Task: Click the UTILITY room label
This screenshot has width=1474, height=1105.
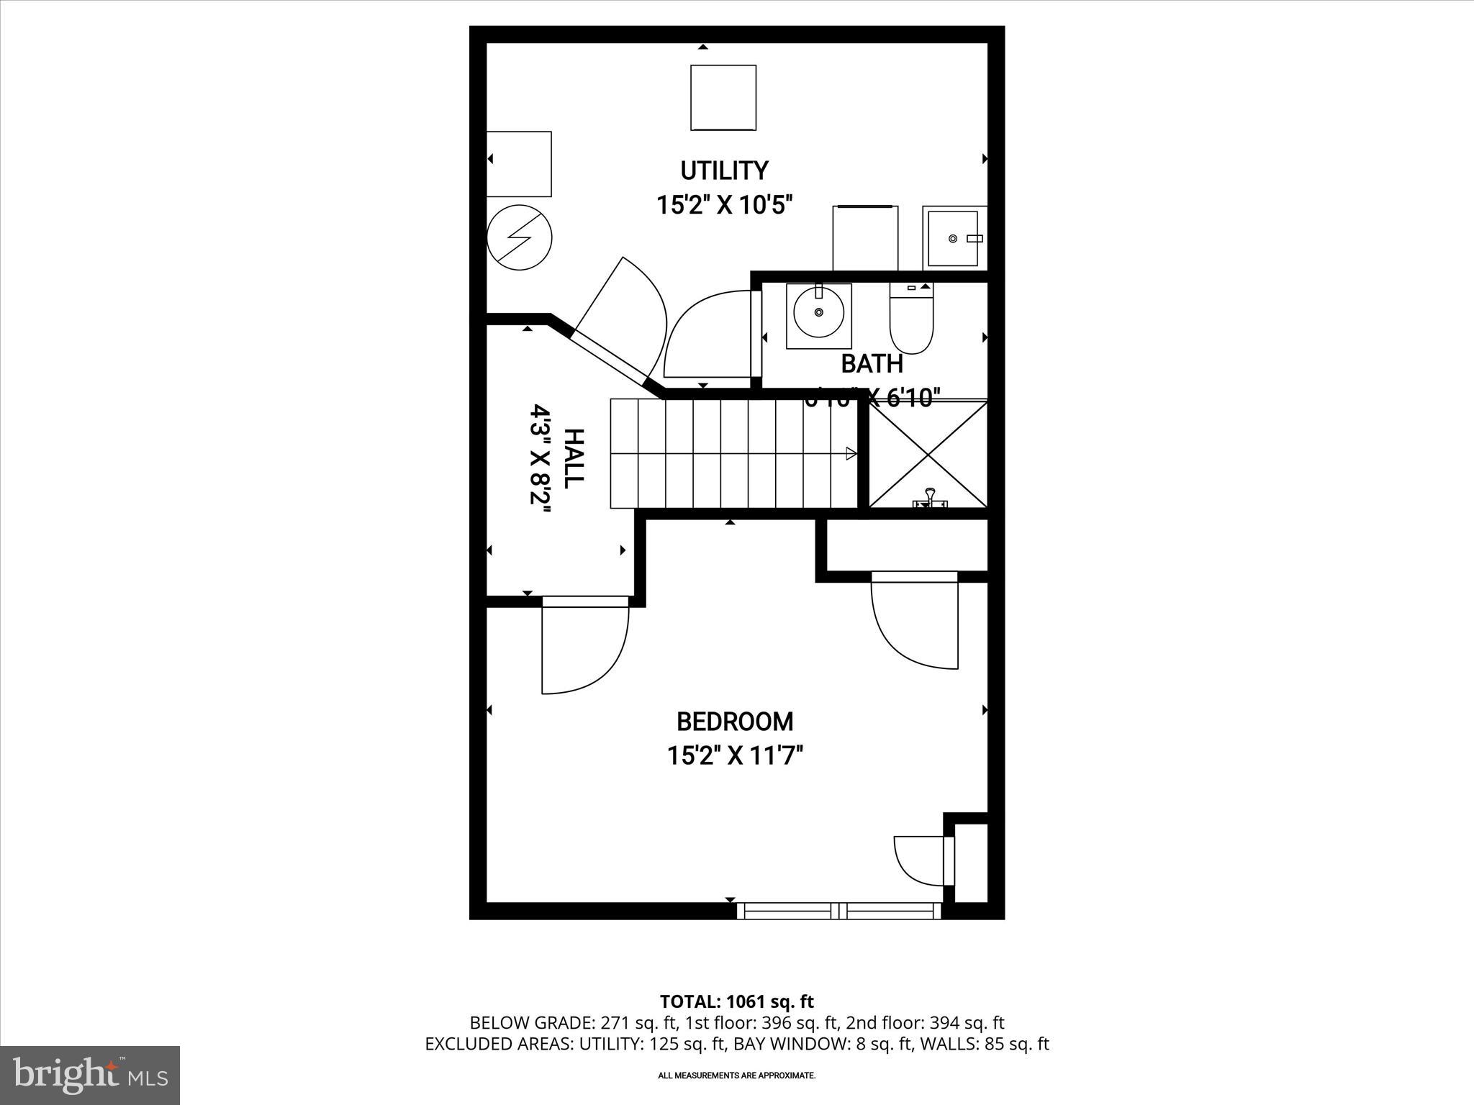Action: pos(724,171)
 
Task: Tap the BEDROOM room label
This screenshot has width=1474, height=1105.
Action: pos(734,721)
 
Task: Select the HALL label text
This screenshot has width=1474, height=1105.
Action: pos(574,458)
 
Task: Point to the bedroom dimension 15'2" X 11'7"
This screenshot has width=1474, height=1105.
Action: pos(734,756)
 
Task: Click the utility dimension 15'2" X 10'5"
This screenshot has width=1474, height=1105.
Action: pos(724,205)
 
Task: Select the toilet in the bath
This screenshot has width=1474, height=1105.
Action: pos(911,320)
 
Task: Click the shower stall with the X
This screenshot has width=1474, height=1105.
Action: pos(928,455)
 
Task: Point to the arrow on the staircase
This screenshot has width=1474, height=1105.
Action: pos(850,453)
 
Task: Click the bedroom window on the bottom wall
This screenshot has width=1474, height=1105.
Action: pos(839,911)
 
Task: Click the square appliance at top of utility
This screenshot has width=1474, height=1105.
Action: pos(723,98)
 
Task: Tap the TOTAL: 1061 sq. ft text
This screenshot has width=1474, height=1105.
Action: pos(736,1001)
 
